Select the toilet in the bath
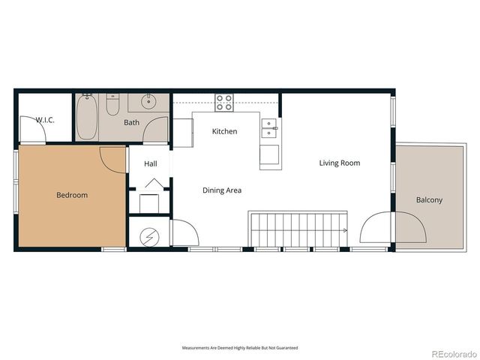pos(112,105)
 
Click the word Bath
pos(131,122)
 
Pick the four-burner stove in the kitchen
pos(223,103)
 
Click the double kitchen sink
pos(268,128)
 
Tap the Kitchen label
pos(224,132)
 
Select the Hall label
pos(151,163)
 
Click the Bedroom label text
pos(72,196)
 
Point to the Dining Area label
pos(222,190)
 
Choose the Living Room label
pos(339,163)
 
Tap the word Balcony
pos(430,200)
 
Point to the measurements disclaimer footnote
pos(239,348)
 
